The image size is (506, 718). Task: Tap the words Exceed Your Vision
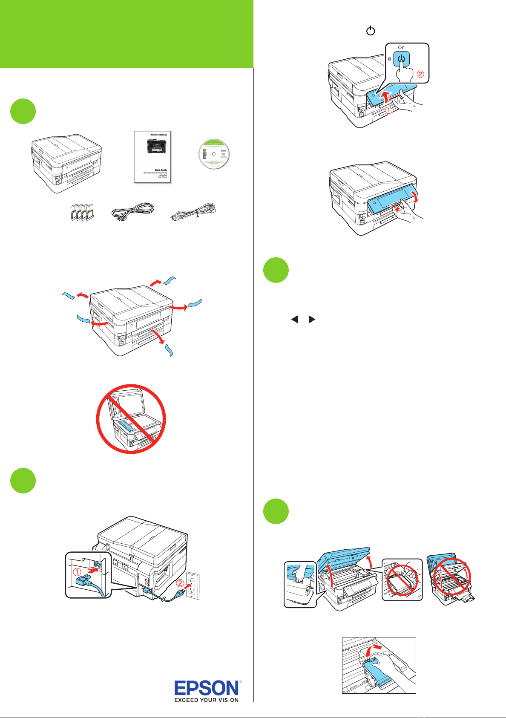[207, 700]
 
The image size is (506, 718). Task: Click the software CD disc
[214, 154]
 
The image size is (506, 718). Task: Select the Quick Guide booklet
[152, 157]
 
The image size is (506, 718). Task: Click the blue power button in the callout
[401, 60]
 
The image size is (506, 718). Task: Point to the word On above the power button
[401, 47]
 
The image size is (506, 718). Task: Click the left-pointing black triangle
[294, 319]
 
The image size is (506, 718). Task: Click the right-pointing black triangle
[312, 319]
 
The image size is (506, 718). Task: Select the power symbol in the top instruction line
[371, 31]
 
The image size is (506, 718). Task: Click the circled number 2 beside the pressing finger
[420, 74]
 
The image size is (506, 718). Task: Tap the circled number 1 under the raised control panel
[389, 110]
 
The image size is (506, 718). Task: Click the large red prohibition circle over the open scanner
[131, 419]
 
